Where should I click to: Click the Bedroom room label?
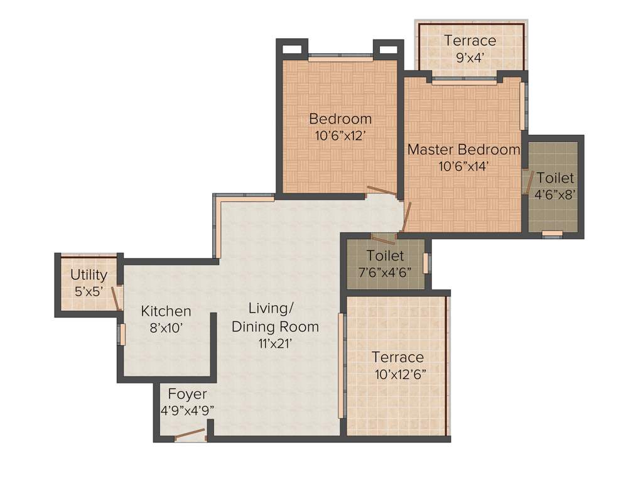(340, 119)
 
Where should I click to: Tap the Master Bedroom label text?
(463, 149)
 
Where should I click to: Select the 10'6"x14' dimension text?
(463, 166)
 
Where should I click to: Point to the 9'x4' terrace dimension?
(470, 58)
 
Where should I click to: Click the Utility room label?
(89, 275)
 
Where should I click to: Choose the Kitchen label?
(166, 311)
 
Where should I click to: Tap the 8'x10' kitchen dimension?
(166, 328)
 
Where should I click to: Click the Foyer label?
(187, 394)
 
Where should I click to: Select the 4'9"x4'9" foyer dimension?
(186, 410)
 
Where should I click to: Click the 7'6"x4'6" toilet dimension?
(385, 272)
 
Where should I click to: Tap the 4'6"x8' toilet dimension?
(555, 195)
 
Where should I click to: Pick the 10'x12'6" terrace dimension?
(397, 374)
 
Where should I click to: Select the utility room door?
(116, 298)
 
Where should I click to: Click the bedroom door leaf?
(381, 191)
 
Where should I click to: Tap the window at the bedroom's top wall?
(340, 56)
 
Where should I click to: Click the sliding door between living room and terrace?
(341, 365)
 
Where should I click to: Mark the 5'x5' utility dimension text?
(89, 291)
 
